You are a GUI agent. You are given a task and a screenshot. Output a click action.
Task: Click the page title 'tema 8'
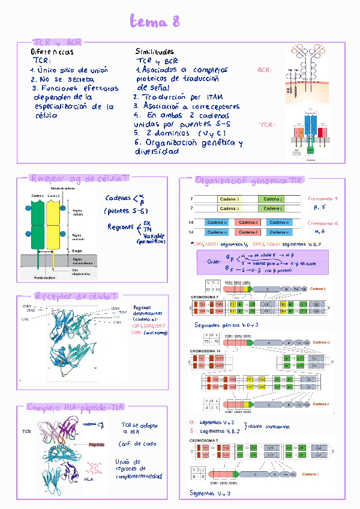tap(155, 23)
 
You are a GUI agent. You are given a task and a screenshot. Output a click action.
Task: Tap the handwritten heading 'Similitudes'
tap(155, 52)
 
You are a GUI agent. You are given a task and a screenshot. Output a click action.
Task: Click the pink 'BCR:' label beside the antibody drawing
tap(264, 71)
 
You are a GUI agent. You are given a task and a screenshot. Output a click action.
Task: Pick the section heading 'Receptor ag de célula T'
tap(79, 178)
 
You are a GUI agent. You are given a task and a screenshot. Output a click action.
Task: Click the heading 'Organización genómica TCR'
tap(249, 180)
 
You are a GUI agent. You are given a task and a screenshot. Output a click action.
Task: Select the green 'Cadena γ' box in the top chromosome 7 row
tap(274, 198)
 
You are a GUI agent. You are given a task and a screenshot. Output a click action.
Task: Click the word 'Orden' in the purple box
tap(214, 262)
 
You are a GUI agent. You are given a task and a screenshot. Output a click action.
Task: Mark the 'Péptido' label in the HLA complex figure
tap(97, 445)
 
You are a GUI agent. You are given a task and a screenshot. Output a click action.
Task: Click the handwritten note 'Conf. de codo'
tap(139, 444)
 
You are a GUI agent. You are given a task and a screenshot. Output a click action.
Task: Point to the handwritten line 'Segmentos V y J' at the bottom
tap(211, 493)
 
